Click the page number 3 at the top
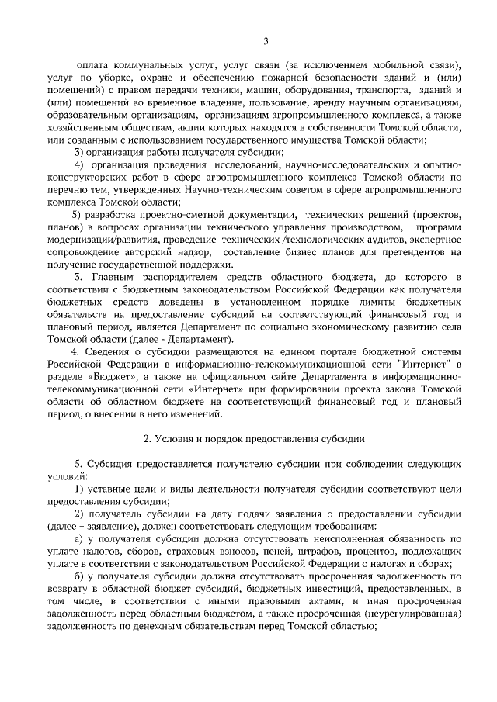(266, 41)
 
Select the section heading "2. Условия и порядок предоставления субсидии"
(255, 438)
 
